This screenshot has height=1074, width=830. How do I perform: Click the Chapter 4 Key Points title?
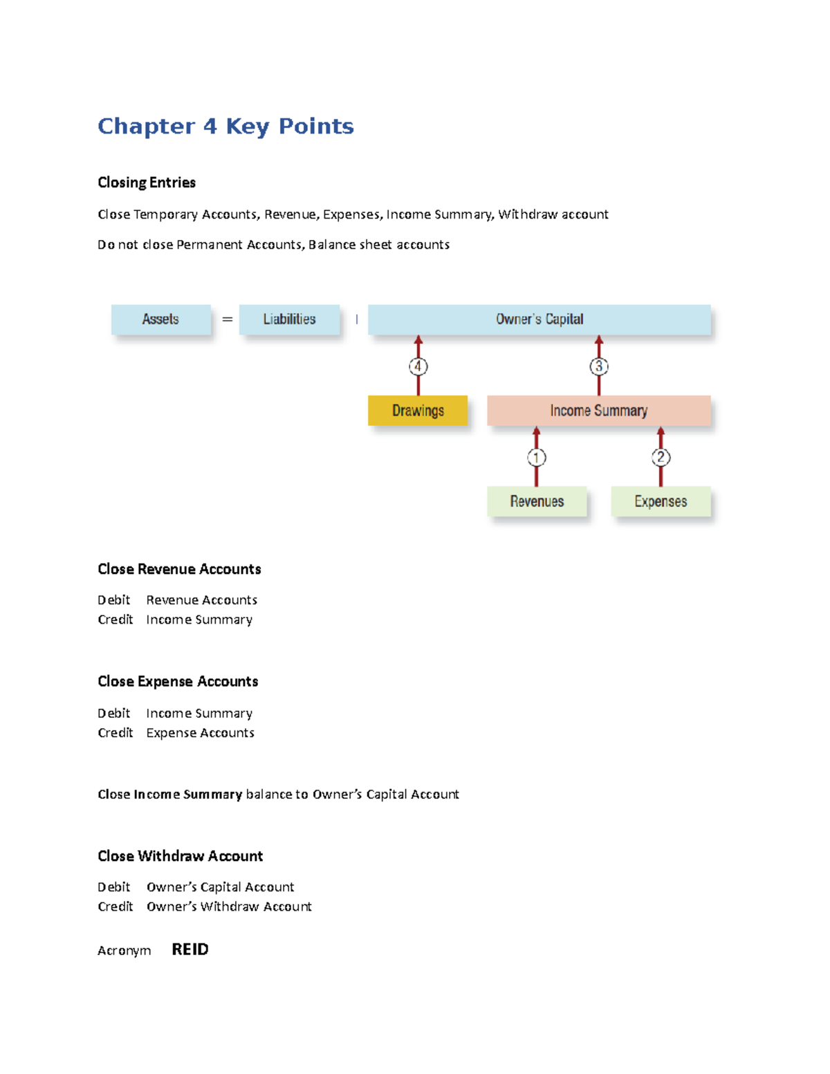click(225, 126)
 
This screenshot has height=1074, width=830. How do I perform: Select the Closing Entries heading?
click(147, 183)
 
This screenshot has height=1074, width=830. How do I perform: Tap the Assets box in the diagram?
click(160, 320)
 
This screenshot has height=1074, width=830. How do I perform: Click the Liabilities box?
click(289, 320)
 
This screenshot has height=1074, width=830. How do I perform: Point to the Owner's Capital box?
click(539, 320)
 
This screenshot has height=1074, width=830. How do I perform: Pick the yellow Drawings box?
click(418, 411)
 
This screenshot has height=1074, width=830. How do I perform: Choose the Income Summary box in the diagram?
click(598, 411)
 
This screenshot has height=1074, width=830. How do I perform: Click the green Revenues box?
click(537, 501)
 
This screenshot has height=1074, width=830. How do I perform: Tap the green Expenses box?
click(661, 501)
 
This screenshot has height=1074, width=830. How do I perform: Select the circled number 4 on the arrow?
click(418, 367)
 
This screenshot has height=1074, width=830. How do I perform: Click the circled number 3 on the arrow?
click(599, 367)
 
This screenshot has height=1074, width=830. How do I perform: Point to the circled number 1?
click(537, 457)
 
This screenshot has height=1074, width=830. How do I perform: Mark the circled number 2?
click(661, 457)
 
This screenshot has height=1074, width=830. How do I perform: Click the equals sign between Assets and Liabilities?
click(227, 320)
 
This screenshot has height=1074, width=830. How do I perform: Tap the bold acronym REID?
click(190, 950)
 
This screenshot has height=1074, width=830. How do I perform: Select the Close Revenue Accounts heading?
click(179, 569)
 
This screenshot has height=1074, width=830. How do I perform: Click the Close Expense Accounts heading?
click(178, 682)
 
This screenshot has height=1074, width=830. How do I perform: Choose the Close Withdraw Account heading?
click(180, 856)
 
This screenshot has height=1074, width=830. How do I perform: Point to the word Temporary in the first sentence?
click(166, 214)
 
